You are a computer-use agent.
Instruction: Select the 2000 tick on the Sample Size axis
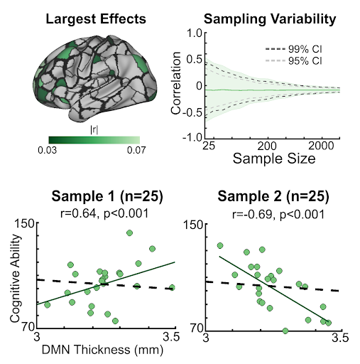click(x=322, y=145)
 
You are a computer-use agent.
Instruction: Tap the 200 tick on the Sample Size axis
click(x=266, y=145)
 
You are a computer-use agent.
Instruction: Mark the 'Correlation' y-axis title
click(x=176, y=85)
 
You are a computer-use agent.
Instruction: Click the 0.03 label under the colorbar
click(x=48, y=150)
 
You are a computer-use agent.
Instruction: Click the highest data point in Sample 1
click(x=129, y=232)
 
